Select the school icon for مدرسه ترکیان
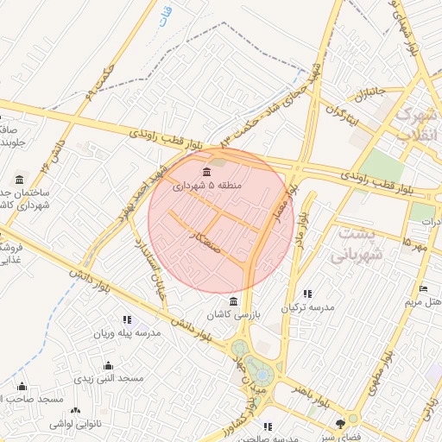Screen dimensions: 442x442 coord(307,293)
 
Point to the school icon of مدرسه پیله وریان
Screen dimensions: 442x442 coord(128,319)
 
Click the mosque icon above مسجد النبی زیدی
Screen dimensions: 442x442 coord(108,365)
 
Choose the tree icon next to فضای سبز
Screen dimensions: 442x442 coord(340,423)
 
